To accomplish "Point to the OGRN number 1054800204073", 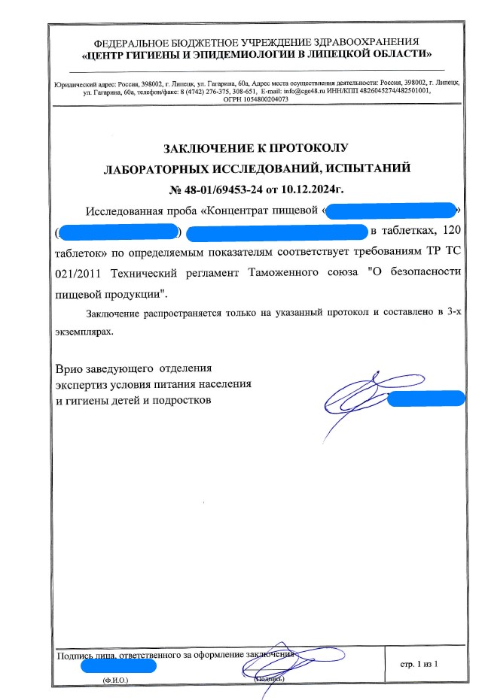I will coord(258,98).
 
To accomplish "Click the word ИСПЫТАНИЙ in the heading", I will coord(358,168).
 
